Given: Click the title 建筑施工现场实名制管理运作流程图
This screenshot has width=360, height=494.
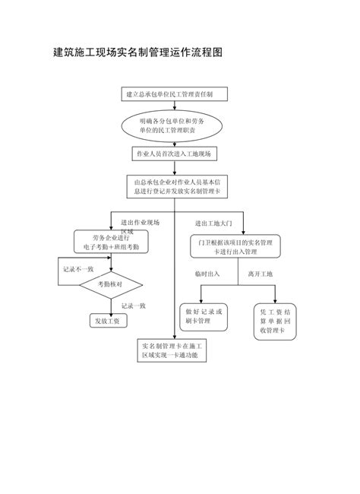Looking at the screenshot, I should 137,53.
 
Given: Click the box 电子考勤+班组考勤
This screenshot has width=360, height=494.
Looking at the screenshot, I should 111,242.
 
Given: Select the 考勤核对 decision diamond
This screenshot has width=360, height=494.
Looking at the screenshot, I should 110,283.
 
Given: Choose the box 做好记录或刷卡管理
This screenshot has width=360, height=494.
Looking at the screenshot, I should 204,316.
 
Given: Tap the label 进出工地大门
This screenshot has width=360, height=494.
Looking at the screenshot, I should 208,223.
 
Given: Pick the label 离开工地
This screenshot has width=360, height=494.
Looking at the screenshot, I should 260,274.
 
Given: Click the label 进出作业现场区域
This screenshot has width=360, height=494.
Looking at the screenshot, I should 141,225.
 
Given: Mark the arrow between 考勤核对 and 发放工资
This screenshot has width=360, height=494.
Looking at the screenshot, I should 110,303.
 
